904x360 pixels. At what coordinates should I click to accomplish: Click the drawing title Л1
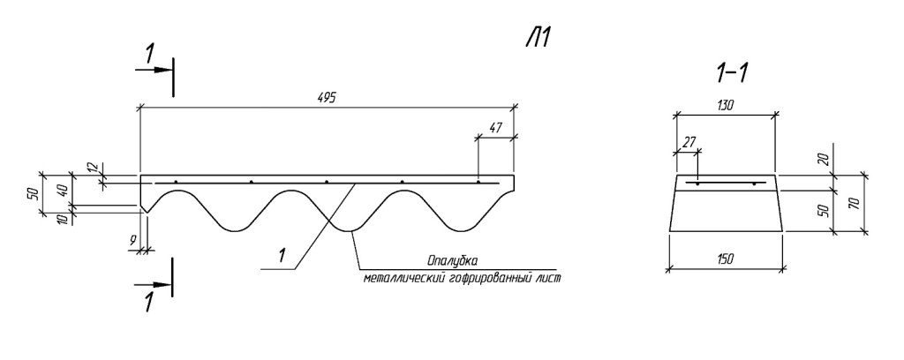click(539, 38)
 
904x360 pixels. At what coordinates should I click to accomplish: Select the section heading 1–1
click(732, 74)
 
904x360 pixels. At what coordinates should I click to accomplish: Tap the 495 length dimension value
click(327, 97)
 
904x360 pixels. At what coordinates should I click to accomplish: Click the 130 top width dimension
click(726, 105)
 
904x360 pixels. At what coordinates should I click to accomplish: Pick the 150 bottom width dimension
click(726, 259)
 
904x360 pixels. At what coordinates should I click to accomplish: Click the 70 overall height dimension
click(855, 203)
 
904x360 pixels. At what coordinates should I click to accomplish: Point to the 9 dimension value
click(133, 242)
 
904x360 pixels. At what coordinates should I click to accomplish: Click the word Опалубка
click(453, 260)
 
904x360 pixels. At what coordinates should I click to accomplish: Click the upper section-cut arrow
click(154, 70)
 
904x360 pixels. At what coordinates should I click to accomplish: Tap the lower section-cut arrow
click(154, 284)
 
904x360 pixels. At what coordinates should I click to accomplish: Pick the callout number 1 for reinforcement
click(282, 255)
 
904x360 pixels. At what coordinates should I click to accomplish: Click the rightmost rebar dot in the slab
click(478, 183)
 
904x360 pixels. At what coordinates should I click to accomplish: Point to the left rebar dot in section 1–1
click(697, 184)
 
